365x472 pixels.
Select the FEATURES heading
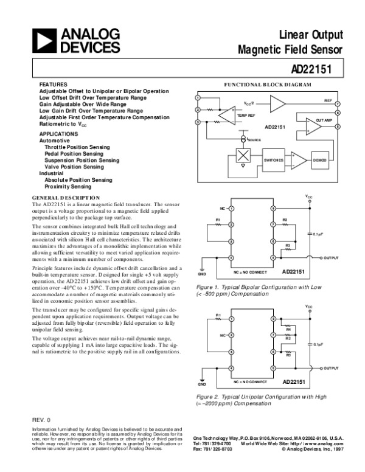49,85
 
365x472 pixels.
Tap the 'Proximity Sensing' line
68,187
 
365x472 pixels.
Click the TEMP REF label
246,115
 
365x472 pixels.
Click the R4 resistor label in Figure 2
288,330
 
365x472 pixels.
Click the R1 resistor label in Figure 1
217,220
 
